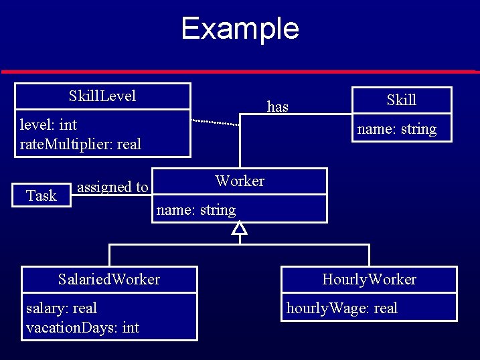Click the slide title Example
pyautogui.click(x=240, y=29)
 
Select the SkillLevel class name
pyautogui.click(x=102, y=96)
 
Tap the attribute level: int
pyautogui.click(x=48, y=124)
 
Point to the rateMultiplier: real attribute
pyautogui.click(x=80, y=144)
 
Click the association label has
pyautogui.click(x=277, y=106)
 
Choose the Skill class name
pyautogui.click(x=401, y=100)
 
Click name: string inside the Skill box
pyautogui.click(x=396, y=129)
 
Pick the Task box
pyautogui.click(x=42, y=195)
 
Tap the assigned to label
pyautogui.click(x=112, y=187)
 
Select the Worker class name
pyautogui.click(x=240, y=181)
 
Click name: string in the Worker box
pyautogui.click(x=195, y=210)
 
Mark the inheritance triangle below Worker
pyautogui.click(x=240, y=230)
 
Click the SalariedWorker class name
pyautogui.click(x=109, y=279)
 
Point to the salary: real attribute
pyautogui.click(x=61, y=308)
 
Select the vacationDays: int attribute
pyautogui.click(x=82, y=328)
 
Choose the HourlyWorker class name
pyautogui.click(x=369, y=279)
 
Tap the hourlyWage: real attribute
pyautogui.click(x=341, y=308)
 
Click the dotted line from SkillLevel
pyautogui.click(x=216, y=122)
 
